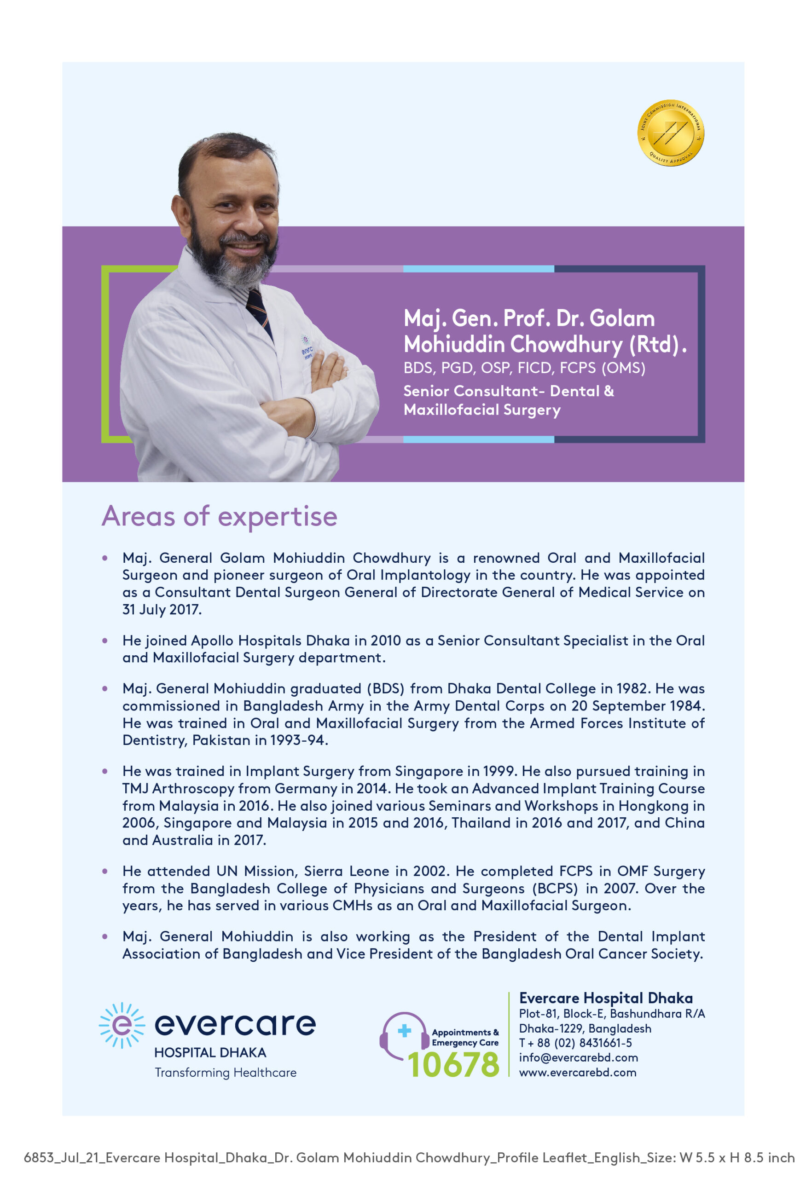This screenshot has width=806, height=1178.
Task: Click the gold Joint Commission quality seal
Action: coord(670,133)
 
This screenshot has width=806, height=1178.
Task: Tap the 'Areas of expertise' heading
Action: coord(219,516)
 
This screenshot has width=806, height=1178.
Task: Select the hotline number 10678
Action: coord(453,1064)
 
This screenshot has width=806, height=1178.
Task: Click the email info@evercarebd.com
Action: coord(578,1057)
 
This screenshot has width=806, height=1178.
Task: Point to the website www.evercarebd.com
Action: coord(577,1072)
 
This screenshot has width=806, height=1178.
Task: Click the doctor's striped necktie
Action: coord(259,310)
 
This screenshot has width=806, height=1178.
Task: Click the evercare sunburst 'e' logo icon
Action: coord(122,1025)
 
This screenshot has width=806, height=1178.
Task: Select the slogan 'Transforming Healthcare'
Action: coord(226,1073)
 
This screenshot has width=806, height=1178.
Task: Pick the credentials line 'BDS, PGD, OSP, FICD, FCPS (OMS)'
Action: coord(524,368)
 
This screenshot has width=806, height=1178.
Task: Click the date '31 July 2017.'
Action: coord(162,609)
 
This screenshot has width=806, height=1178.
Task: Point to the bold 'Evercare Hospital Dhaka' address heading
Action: coord(606,998)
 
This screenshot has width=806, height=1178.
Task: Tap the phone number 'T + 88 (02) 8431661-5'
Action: coord(575,1043)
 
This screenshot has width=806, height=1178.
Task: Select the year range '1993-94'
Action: coord(297,740)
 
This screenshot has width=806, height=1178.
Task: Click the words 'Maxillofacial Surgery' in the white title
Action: coord(481,410)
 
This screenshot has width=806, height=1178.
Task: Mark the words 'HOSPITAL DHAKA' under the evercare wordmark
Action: coord(210,1053)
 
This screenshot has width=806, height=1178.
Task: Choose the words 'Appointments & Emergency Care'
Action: coord(465,1038)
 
